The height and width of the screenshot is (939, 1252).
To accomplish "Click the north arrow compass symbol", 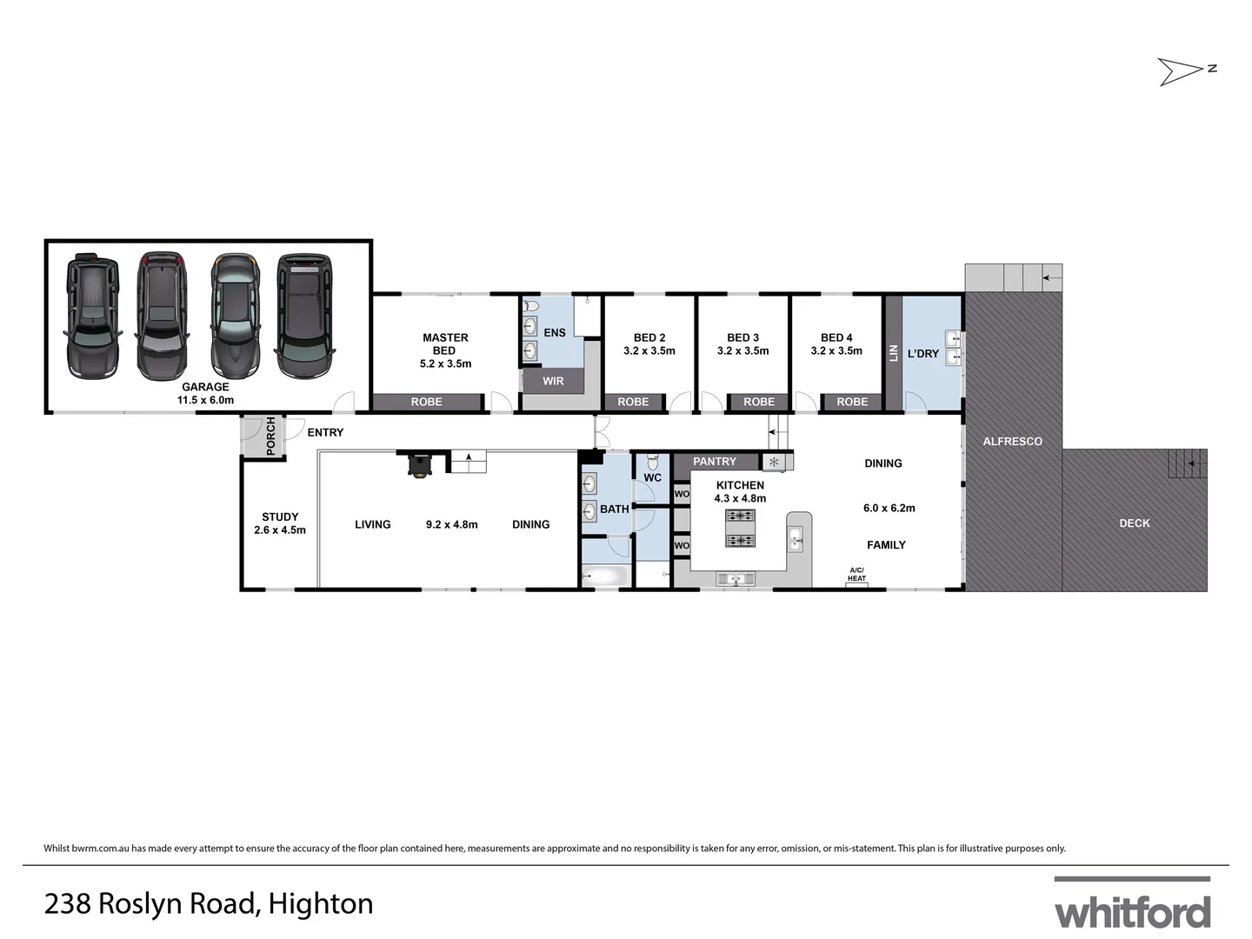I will pos(1185,70).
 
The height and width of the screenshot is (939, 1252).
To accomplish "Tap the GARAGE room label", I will pos(205,387).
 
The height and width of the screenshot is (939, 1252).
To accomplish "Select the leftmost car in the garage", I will pos(91,316).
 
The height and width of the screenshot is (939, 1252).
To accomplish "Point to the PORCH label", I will pos(270,436).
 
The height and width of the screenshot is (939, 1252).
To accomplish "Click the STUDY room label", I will pos(280,516).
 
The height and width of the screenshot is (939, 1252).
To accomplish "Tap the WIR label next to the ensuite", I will pos(553,381).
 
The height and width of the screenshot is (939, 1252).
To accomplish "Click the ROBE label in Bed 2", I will pos(633,402).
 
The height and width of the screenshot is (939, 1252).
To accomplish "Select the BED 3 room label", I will pos(743,337).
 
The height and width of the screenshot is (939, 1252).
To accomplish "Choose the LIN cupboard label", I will pos(893,353).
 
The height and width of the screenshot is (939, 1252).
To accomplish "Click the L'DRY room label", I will pos(922,354).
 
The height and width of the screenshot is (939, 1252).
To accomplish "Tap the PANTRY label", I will pos(715,462).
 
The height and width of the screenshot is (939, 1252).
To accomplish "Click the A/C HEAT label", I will pos(856,575).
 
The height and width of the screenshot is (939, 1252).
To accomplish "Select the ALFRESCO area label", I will pos(1012,442).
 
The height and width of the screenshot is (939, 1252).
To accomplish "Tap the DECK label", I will pos(1135,523).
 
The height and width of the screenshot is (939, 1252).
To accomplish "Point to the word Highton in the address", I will pos(321,904).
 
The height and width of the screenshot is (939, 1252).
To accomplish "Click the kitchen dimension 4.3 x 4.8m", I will pos(740,498).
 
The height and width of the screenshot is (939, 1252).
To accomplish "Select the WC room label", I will pos(652,477).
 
